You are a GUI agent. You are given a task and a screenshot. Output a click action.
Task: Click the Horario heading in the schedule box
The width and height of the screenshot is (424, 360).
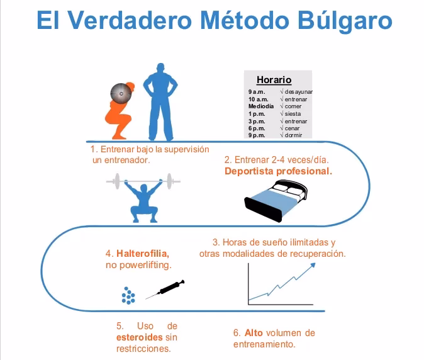point(274,80)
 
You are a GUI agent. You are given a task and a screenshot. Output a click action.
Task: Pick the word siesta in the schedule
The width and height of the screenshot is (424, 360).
point(293,114)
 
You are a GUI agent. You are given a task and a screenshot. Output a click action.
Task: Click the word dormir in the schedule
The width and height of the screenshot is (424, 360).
point(293,135)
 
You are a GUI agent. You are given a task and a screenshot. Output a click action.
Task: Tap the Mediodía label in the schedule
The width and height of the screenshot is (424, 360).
point(261,106)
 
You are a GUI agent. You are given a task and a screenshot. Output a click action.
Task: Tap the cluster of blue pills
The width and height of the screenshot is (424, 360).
point(128,295)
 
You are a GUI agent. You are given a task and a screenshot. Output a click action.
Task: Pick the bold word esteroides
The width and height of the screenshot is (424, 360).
point(140,337)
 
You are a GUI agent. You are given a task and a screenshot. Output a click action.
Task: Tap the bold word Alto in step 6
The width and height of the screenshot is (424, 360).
point(257,332)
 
